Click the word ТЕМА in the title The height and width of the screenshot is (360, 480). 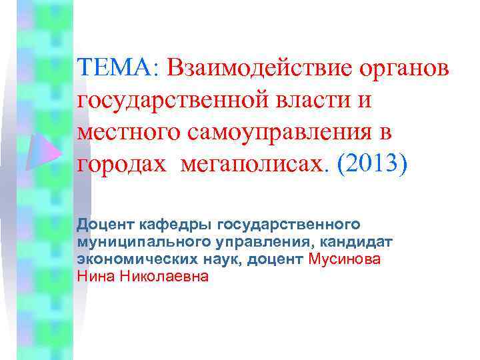click(115, 67)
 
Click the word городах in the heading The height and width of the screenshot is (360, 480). click(121, 163)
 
